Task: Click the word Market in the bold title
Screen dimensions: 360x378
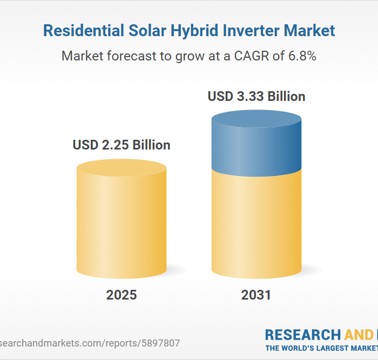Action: [313, 31]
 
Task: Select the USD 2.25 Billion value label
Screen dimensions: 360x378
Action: [122, 145]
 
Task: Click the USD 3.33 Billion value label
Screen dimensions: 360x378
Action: [256, 97]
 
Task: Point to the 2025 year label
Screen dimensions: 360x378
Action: [122, 295]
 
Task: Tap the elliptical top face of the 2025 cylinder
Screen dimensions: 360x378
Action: [122, 168]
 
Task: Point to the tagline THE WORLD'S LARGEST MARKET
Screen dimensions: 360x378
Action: [321, 348]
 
